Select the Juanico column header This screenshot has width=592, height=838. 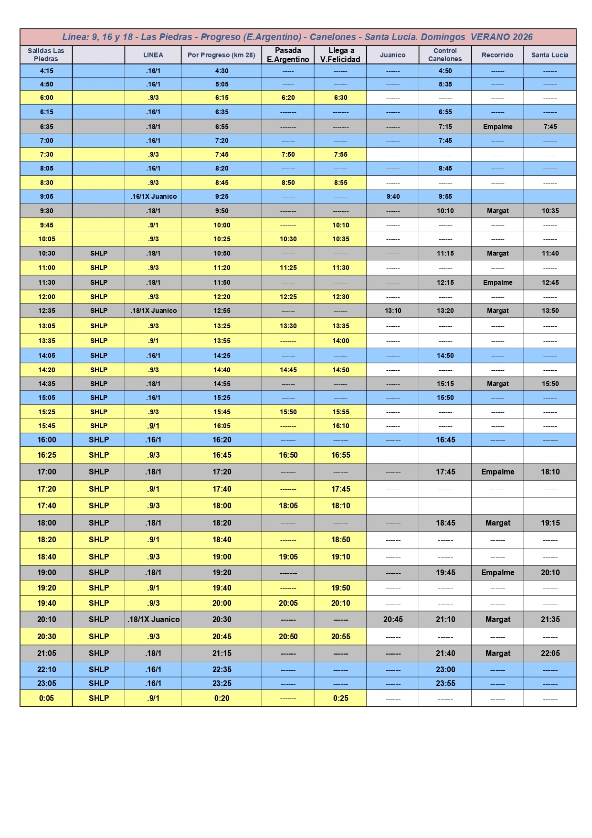click(392, 55)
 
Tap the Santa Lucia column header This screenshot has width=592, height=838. click(550, 55)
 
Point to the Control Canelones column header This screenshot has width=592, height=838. click(445, 55)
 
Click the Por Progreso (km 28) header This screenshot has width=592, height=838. click(222, 55)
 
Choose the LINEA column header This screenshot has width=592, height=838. click(153, 55)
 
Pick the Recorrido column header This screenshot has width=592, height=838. click(497, 55)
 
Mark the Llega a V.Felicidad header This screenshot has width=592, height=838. click(340, 55)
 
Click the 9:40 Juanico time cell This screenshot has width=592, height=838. click(393, 196)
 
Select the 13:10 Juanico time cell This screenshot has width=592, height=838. click(393, 311)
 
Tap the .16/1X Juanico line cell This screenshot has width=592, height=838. click(153, 196)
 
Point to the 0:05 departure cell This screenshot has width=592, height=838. click(46, 698)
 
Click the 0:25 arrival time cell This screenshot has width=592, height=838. click(341, 698)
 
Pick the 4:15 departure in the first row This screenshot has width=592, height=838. click(46, 71)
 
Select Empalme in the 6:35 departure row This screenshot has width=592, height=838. click(497, 127)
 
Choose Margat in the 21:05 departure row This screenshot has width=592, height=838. click(498, 653)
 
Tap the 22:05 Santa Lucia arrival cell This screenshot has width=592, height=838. click(550, 653)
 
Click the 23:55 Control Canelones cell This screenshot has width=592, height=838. click(445, 683)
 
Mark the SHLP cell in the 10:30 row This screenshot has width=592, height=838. click(99, 253)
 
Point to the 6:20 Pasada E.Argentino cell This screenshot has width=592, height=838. click(288, 97)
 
